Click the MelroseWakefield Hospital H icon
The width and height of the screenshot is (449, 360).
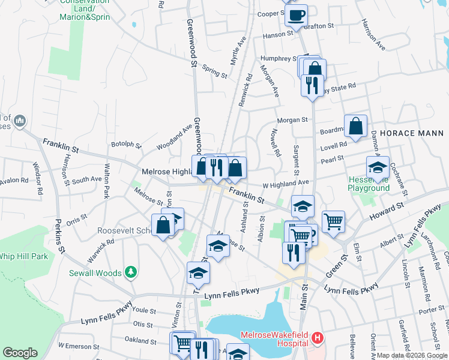point(318,338)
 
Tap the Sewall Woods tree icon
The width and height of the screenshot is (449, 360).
point(130,273)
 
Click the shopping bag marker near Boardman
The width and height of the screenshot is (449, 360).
point(356,127)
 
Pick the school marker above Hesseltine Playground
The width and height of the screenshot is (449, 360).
point(378,169)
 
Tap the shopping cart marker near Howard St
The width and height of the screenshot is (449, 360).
point(333,221)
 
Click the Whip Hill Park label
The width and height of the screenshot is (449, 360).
point(23,256)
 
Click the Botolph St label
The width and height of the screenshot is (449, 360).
point(126,145)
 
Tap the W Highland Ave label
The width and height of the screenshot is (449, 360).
point(289,182)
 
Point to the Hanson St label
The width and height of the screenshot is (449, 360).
point(277,35)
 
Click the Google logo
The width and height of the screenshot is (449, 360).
point(20,353)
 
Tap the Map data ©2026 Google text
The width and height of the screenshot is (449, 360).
point(411,355)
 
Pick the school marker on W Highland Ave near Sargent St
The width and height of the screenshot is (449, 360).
point(303,206)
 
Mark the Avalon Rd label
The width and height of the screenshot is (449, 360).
point(14,180)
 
